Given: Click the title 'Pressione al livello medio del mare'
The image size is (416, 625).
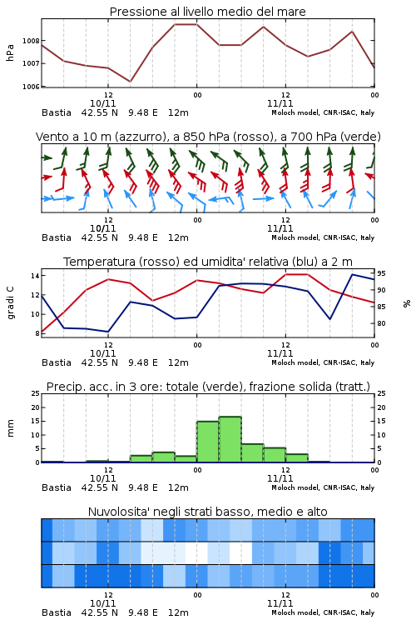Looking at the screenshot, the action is [x=207, y=12].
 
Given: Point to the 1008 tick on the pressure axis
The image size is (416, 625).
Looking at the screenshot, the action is [x=31, y=41].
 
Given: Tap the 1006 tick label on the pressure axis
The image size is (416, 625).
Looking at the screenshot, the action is [x=31, y=87].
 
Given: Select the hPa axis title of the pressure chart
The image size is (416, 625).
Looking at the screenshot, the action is [x=10, y=52].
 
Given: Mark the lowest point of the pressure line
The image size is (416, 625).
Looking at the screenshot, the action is [x=130, y=82].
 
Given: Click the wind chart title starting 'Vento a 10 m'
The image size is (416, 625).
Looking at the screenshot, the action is [x=208, y=137].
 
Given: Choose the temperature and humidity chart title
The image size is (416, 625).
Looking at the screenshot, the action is [x=208, y=262].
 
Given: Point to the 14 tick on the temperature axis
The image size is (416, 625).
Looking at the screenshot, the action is [x=35, y=276].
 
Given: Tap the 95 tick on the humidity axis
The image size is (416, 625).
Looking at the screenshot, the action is [x=381, y=273].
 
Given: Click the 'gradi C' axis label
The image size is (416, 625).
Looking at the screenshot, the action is [x=10, y=302].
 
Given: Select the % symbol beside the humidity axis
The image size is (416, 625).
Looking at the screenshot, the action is [x=407, y=303].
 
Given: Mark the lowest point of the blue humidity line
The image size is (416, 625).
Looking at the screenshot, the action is [x=108, y=331].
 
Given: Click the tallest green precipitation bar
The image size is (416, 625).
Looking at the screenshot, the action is [x=230, y=439].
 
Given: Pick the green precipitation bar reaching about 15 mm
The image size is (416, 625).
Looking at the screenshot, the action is [x=207, y=442].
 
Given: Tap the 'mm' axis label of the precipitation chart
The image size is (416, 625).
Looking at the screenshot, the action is [x=10, y=427].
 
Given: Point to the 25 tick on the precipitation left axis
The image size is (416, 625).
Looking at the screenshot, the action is [x=36, y=393].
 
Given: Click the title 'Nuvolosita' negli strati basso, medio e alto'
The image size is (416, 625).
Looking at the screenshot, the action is [x=207, y=512].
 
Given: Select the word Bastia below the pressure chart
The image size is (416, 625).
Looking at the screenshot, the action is [x=56, y=112].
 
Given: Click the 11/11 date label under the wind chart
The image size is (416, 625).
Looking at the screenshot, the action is [x=280, y=229].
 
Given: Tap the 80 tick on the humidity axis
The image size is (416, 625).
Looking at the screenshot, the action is [x=381, y=323].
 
